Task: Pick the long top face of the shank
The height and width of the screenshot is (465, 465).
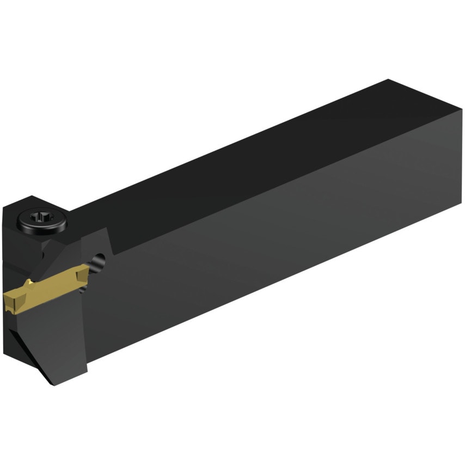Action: [x=245, y=158]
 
